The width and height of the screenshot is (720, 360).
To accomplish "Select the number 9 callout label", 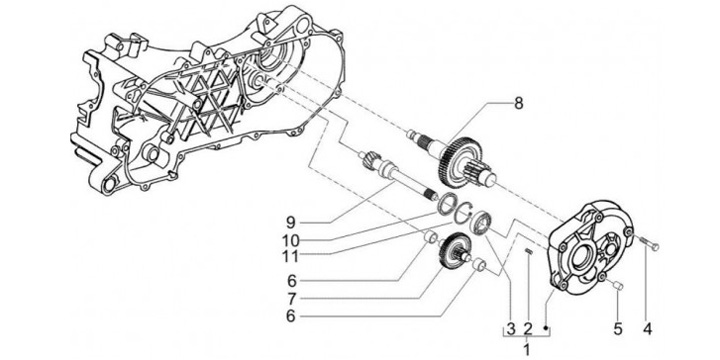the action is click(291, 223).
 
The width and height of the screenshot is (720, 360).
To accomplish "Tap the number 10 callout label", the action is click(291, 240).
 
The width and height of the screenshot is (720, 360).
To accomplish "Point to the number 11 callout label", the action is click(291, 256).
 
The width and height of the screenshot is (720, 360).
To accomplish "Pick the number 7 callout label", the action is click(291, 299).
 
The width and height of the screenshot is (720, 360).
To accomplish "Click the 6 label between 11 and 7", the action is click(291, 280).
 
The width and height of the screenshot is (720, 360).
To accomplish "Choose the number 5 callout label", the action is click(618, 329).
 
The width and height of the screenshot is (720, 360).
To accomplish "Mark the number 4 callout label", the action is click(647, 329).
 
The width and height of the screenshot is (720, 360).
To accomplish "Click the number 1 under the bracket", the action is click(527, 349).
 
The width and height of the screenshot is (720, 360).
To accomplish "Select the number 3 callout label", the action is click(511, 329).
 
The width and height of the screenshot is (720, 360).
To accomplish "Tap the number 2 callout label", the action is click(528, 329).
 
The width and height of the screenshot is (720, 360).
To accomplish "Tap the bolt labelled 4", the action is click(648, 243).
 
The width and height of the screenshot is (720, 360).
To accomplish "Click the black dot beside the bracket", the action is click(546, 327).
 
